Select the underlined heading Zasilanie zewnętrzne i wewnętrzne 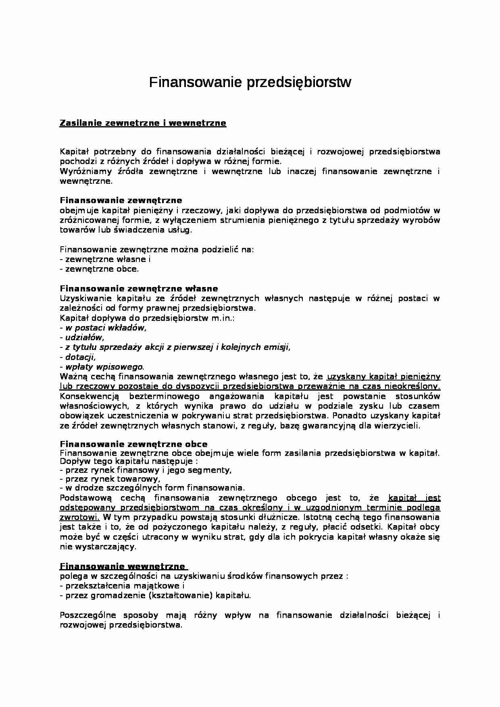[143, 123]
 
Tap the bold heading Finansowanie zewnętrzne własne [139, 289]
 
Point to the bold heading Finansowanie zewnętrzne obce [133, 444]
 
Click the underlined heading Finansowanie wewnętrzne [122, 566]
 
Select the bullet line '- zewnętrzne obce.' [99, 269]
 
